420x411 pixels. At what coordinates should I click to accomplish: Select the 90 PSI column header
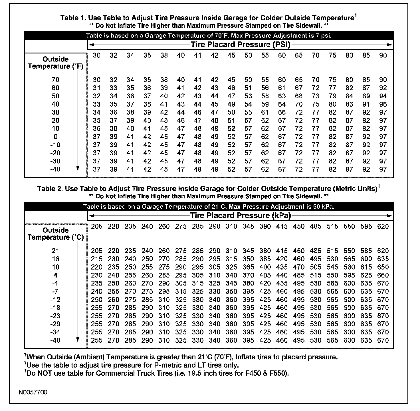[383, 55]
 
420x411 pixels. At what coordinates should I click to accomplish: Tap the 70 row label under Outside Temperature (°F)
[55, 80]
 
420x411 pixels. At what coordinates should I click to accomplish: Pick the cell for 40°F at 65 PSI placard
[299, 104]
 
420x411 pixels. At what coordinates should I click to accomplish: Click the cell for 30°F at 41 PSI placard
[198, 112]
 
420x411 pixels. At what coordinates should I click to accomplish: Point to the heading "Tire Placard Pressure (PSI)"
[240, 45]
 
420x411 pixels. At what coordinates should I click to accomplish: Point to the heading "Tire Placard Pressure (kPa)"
[240, 216]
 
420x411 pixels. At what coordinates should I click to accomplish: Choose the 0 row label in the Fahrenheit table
[55, 137]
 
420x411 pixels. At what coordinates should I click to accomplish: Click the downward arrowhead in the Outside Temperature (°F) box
[78, 169]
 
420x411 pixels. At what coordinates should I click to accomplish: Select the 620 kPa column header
[383, 226]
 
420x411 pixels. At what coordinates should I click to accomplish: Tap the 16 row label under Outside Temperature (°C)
[55, 259]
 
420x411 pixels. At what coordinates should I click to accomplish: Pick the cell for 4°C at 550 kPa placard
[349, 275]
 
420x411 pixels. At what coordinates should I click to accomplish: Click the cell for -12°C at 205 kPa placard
[97, 300]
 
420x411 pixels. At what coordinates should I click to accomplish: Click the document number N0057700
[33, 392]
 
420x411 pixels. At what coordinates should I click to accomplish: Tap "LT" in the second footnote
[201, 365]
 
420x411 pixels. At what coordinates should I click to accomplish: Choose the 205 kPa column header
[97, 226]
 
